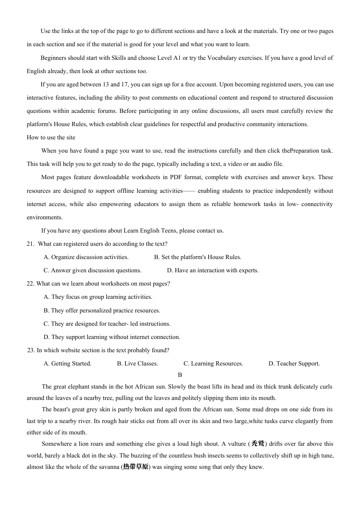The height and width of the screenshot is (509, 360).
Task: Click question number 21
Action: (30, 244)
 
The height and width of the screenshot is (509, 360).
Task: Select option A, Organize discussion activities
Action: (86, 257)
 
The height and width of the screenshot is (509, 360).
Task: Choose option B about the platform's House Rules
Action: (197, 257)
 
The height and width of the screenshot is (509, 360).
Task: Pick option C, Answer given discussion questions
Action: (92, 270)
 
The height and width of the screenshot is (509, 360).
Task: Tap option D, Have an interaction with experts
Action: (213, 270)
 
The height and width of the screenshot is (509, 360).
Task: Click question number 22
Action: (31, 284)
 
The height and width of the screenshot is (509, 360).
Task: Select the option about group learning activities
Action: (98, 297)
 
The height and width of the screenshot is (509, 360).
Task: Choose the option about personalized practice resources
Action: (102, 311)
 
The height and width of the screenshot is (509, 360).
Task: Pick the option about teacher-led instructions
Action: (107, 324)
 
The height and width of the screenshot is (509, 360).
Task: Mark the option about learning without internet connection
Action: (112, 337)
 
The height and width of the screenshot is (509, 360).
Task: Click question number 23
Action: (31, 350)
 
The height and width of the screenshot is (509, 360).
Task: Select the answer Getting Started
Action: (67, 364)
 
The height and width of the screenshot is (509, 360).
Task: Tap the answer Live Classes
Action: (137, 364)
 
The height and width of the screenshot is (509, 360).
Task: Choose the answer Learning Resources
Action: (213, 364)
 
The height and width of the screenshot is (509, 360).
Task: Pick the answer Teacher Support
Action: (294, 364)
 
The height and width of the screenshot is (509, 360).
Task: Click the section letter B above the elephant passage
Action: (180, 375)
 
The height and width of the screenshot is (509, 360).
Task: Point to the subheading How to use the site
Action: (51, 137)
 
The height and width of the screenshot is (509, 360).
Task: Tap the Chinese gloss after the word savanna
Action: (136, 467)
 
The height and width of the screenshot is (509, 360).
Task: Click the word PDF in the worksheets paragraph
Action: (175, 177)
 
